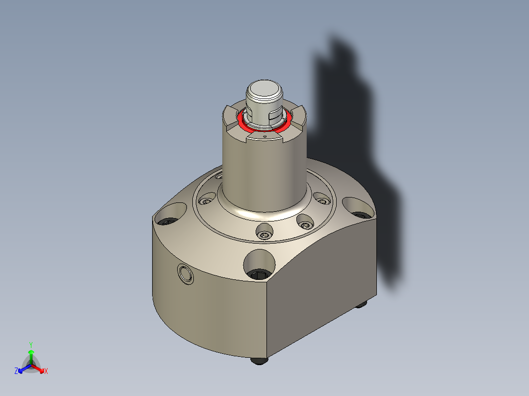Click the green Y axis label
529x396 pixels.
click(x=31, y=345)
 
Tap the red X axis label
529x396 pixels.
click(x=46, y=371)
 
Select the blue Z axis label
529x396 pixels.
click(x=16, y=371)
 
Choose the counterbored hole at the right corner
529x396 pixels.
click(x=359, y=208)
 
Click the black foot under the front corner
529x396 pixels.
click(x=260, y=361)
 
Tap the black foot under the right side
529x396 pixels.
click(x=362, y=304)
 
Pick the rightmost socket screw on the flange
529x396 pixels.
click(x=322, y=199)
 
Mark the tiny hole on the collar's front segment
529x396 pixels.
click(x=264, y=138)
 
